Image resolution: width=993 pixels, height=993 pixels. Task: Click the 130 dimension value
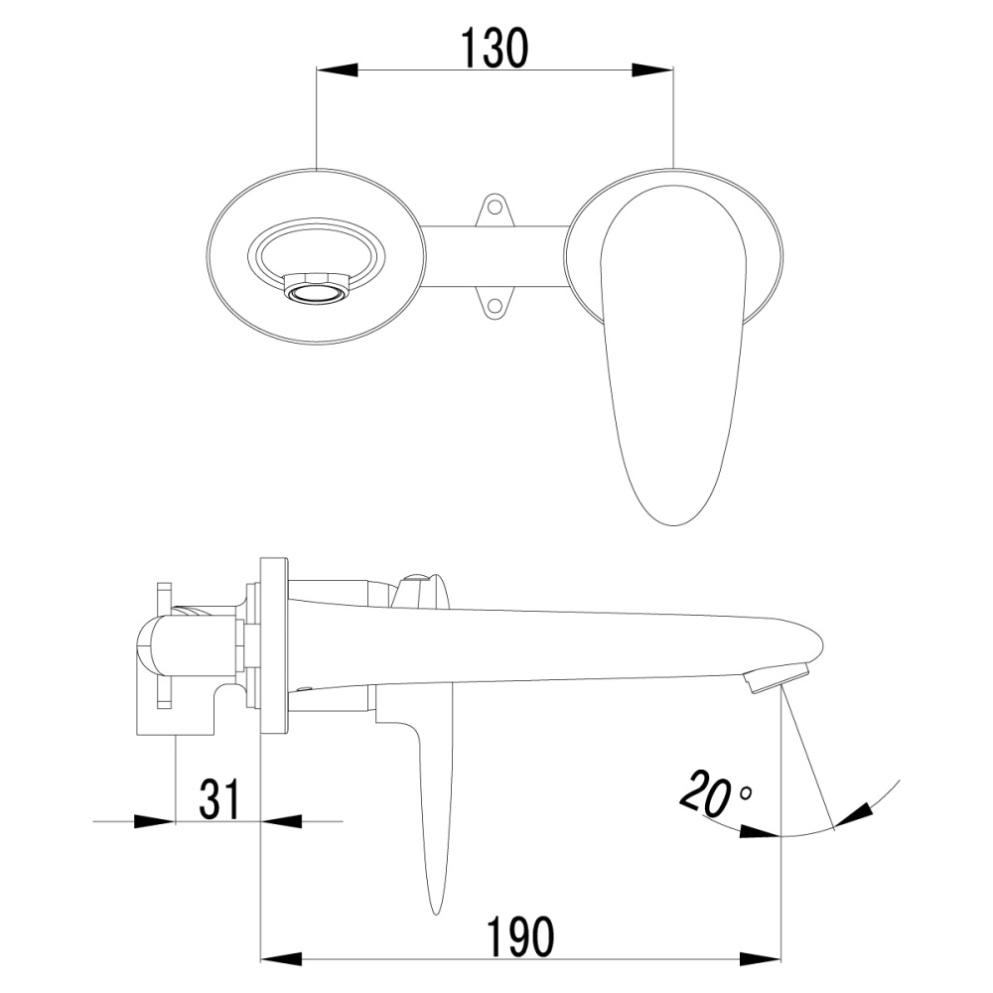(x=494, y=48)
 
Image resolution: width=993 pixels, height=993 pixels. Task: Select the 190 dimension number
(x=519, y=936)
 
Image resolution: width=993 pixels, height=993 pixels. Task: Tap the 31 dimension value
(x=219, y=798)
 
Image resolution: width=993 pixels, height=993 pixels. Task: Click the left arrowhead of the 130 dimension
(x=337, y=70)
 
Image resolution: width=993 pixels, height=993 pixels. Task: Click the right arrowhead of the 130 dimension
(x=652, y=70)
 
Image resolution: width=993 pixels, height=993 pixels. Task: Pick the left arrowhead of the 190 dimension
(x=280, y=960)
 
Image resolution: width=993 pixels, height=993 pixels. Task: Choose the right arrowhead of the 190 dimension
(x=762, y=960)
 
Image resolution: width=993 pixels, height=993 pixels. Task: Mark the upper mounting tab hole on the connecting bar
(x=493, y=209)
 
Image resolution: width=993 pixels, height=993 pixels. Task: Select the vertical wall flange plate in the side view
(x=273, y=644)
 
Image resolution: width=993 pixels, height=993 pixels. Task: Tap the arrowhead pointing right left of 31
(x=154, y=821)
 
